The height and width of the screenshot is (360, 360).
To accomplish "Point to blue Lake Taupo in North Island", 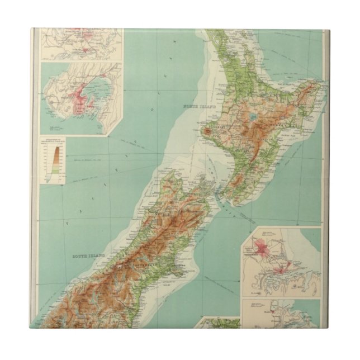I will point(253,118).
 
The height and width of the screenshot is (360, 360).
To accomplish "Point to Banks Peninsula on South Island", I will point(181,271).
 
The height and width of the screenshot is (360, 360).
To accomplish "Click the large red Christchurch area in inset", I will point(259,246).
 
